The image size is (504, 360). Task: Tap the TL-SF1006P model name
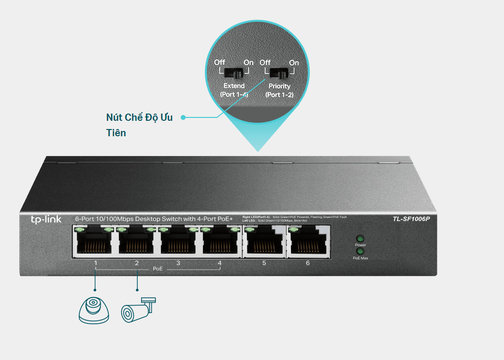pos(411,219)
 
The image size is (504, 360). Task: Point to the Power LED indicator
pos(360,239)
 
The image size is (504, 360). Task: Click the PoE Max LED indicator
pos(360,251)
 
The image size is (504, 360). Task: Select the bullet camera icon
pos(139,309)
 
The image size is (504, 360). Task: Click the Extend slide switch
pos(234,73)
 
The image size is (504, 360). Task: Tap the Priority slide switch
pos(279,73)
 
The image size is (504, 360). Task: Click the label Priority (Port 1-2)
pos(279,90)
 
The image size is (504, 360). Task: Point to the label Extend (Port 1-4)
pos(234,90)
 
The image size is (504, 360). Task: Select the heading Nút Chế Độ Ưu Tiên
pos(139,125)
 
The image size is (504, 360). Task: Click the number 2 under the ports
pos(137,263)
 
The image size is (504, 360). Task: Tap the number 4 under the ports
pos(219,263)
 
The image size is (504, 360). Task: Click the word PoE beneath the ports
pos(158,268)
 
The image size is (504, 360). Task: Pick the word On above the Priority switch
pos(293,63)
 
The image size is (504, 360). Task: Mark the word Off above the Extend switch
pos(219,62)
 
